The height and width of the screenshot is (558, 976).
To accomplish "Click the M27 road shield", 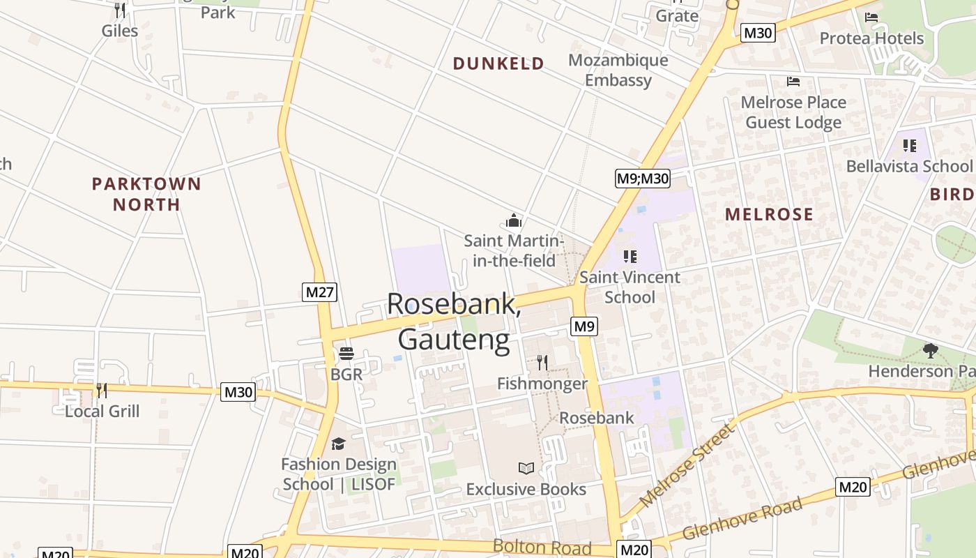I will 320,292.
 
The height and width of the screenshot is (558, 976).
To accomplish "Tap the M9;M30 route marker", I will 642,179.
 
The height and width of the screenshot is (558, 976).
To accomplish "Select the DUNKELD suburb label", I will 498,63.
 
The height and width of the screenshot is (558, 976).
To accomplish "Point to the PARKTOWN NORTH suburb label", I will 146,194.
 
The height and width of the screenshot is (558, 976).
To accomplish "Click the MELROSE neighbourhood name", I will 769,214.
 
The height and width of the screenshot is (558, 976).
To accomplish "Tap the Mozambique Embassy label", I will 618,70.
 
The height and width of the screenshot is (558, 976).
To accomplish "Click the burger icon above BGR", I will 346,354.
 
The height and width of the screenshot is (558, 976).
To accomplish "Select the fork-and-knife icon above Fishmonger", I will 542,362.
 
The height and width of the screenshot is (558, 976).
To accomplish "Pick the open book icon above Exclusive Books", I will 526,468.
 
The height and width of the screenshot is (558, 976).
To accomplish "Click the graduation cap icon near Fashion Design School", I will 338,444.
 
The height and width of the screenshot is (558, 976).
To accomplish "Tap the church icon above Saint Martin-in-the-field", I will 514,221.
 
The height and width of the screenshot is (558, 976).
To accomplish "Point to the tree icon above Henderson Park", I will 930,350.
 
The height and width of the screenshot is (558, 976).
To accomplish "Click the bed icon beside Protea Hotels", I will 871,17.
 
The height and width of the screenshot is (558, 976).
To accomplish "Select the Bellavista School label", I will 908,166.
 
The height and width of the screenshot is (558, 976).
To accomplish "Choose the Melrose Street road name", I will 687,466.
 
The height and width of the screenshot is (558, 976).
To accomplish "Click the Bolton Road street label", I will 542,547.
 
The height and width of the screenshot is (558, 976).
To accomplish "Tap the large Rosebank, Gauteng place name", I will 454,322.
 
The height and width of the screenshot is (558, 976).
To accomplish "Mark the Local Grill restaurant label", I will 102,411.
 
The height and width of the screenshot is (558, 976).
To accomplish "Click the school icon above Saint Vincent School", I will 630,256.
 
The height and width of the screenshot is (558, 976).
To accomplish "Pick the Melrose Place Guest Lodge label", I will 793,112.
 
